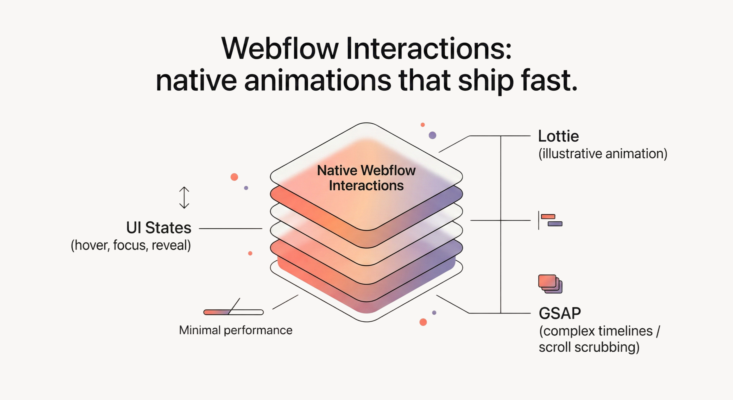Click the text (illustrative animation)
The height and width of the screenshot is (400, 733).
[x=603, y=154]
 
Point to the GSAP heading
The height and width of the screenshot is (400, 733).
[x=560, y=313]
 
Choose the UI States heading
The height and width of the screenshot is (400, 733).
[x=159, y=228]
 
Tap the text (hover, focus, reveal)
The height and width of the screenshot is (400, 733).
[x=131, y=245]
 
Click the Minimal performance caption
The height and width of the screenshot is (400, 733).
[x=236, y=330]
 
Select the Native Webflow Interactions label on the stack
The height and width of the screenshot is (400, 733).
[x=366, y=178]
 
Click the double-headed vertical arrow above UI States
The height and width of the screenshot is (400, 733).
[x=184, y=198]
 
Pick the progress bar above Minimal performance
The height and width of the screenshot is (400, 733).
[x=233, y=312]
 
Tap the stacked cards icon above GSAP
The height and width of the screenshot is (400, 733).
[x=550, y=284]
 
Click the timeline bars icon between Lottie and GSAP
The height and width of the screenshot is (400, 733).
[x=550, y=220]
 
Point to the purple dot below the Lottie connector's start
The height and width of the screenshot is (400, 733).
[x=433, y=135]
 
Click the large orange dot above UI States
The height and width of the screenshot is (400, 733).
[x=234, y=177]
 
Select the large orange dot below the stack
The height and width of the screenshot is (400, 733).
[x=423, y=322]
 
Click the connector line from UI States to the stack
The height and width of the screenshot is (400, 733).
[x=230, y=228]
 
